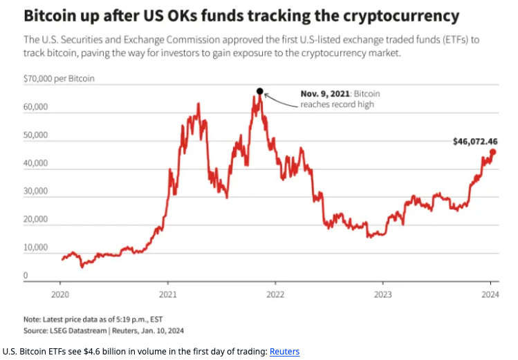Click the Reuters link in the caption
(284, 351)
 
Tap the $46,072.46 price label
(475, 142)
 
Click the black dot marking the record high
(260, 91)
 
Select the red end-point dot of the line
(493, 152)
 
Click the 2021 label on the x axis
(168, 294)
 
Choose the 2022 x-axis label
(275, 294)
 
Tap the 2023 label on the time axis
(383, 294)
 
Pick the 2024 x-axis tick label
(490, 294)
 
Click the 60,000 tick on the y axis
(36, 107)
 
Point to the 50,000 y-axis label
(36, 135)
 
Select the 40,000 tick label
(36, 164)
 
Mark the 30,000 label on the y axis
(36, 191)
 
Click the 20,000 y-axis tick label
(36, 220)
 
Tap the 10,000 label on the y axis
(36, 247)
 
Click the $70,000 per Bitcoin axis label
(59, 79)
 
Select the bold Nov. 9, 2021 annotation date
(325, 93)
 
